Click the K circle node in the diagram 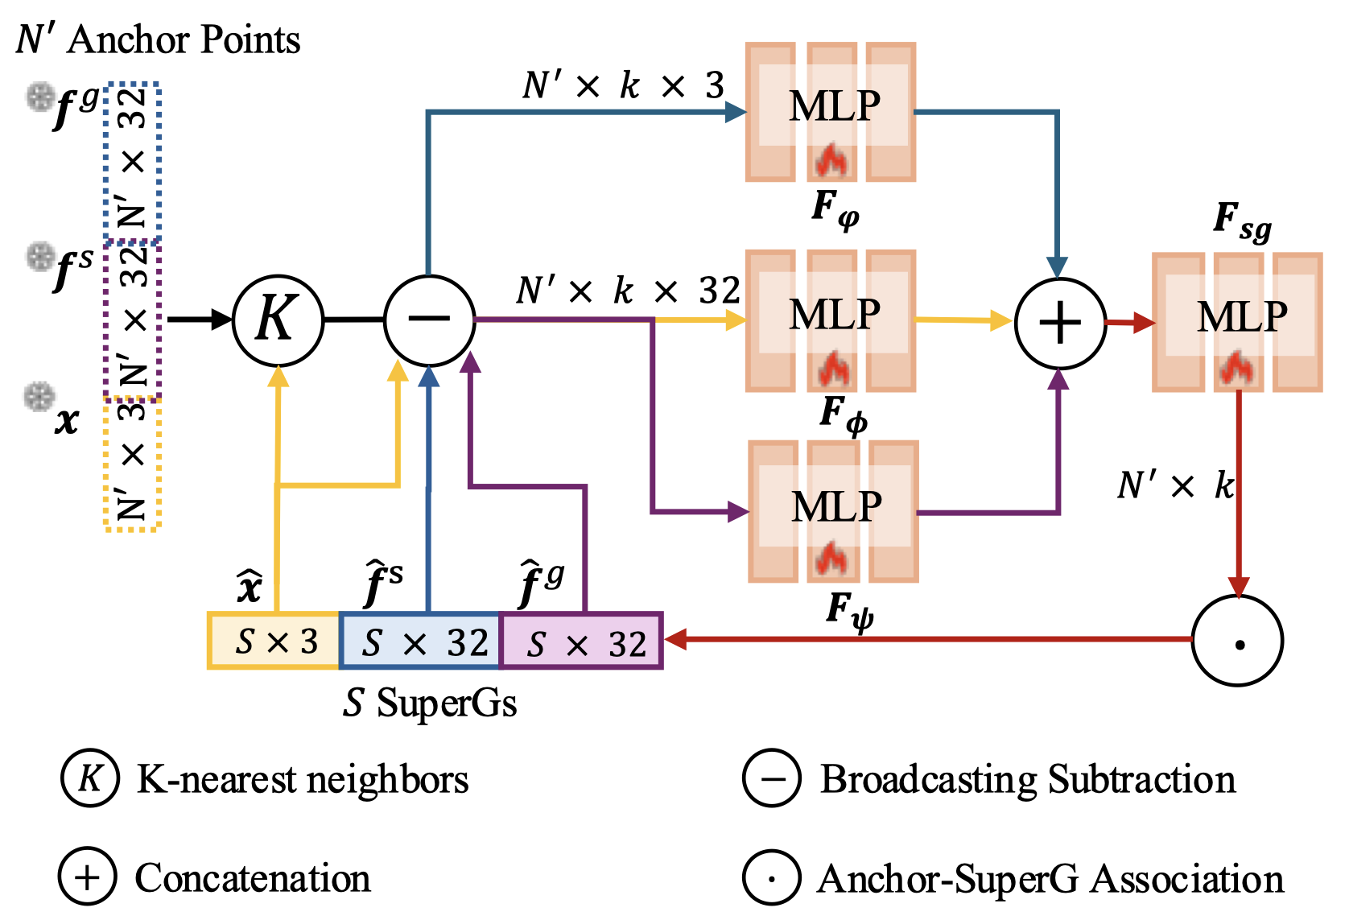[278, 320]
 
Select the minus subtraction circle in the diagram [429, 320]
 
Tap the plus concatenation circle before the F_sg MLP [1060, 323]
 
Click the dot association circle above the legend [1237, 641]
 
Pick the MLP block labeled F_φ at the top [831, 112]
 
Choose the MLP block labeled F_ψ [833, 511]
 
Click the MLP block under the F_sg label [1237, 322]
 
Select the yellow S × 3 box [274, 641]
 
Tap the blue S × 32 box [420, 641]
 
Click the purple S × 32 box [581, 641]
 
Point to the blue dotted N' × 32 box [133, 161]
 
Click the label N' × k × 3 [624, 85]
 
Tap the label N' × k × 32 [627, 291]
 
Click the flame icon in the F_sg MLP [1235, 369]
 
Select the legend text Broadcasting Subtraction [1028, 779]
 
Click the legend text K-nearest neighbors [303, 779]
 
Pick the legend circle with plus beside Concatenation [88, 877]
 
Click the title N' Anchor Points [159, 39]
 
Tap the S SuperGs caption [430, 703]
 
